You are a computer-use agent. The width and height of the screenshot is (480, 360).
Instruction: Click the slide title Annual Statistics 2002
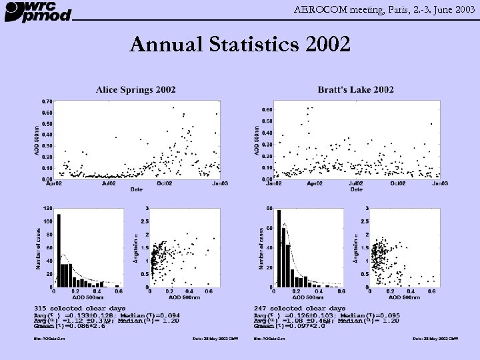click(239, 45)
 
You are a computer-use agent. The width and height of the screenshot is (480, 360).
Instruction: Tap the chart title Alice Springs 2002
click(136, 89)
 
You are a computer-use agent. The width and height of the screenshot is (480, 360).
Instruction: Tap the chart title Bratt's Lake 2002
click(356, 89)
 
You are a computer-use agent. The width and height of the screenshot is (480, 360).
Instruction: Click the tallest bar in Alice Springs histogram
click(59, 250)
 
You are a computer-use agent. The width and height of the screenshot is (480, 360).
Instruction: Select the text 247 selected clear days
click(299, 309)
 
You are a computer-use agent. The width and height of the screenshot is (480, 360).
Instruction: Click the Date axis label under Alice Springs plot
click(136, 189)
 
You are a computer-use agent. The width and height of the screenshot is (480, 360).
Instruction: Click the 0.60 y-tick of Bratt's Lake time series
click(267, 109)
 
